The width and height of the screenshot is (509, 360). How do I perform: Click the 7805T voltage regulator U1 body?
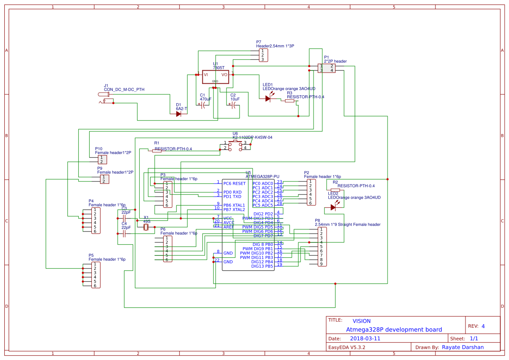tap(215, 77)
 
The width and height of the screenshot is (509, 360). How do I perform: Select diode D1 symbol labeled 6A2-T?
tap(179, 114)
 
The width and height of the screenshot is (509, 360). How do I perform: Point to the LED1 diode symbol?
tap(268, 99)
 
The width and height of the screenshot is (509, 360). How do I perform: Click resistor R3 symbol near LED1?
tap(290, 101)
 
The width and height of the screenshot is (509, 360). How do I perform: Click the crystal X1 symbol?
tap(146, 226)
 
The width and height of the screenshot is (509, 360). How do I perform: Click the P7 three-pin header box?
tap(263, 55)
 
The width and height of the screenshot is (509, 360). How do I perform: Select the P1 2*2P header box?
tap(327, 68)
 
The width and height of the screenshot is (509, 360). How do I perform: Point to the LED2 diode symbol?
tap(333, 208)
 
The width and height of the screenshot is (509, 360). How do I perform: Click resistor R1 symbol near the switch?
tap(157, 151)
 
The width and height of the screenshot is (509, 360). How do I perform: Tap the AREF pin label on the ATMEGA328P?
tap(229, 227)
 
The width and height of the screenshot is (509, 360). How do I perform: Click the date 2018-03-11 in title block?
tap(365, 338)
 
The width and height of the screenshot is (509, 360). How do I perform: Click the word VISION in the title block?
tap(361, 321)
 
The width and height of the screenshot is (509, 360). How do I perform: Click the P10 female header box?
tap(103, 159)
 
